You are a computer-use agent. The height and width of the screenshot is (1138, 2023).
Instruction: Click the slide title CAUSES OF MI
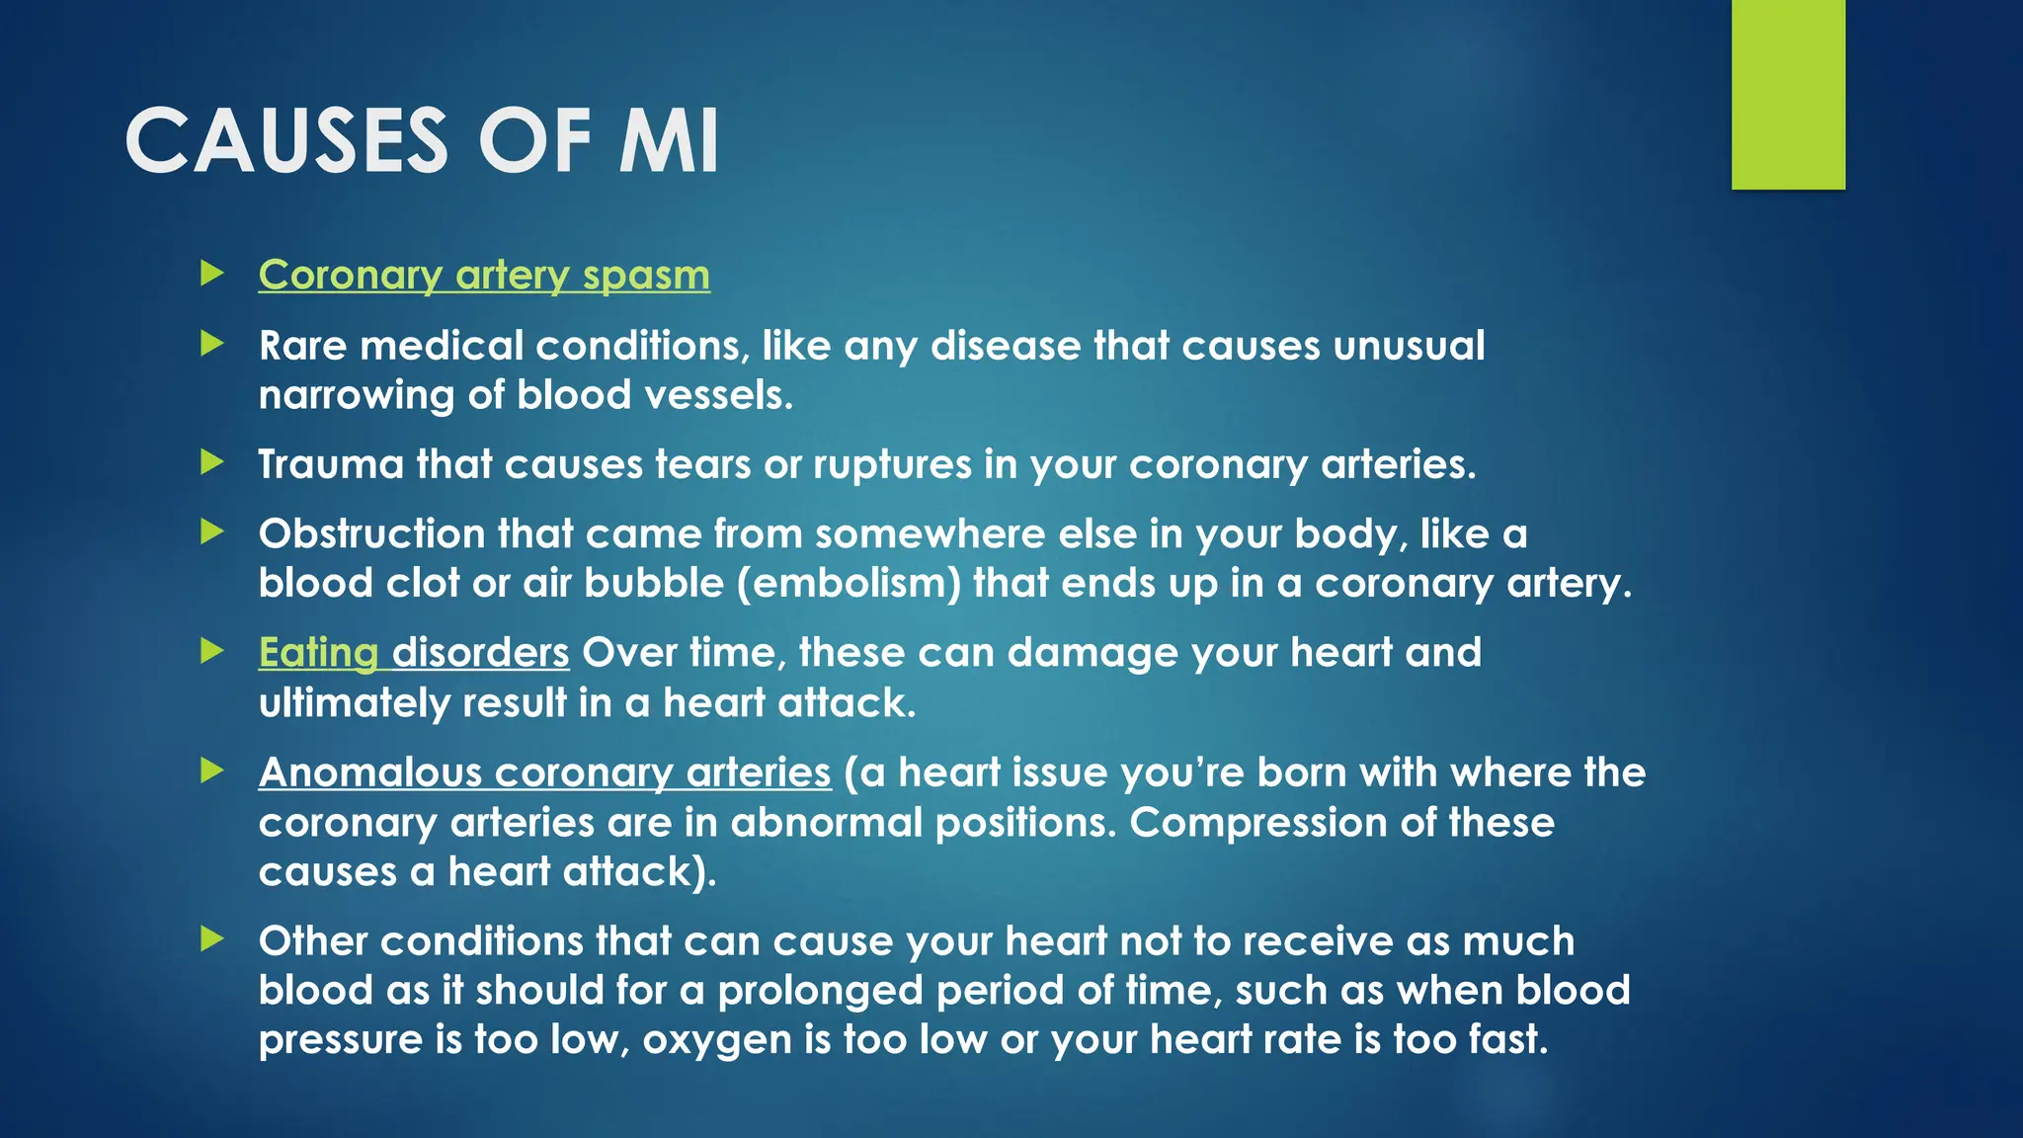pyautogui.click(x=422, y=141)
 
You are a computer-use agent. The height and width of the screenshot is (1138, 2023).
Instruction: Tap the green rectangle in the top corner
pyautogui.click(x=1788, y=95)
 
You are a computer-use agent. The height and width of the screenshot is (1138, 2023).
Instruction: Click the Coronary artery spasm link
pyautogui.click(x=484, y=275)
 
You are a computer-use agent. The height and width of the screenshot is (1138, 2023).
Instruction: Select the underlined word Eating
pyautogui.click(x=318, y=653)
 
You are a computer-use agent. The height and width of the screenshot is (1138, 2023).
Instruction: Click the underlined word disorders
pyautogui.click(x=481, y=653)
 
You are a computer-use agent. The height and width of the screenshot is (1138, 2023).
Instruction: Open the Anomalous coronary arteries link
pyautogui.click(x=544, y=772)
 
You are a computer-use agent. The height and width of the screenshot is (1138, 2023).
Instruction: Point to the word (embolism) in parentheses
pyautogui.click(x=850, y=584)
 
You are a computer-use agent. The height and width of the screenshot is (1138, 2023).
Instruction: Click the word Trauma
pyautogui.click(x=331, y=464)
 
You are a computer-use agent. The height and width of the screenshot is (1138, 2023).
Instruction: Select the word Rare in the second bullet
pyautogui.click(x=303, y=346)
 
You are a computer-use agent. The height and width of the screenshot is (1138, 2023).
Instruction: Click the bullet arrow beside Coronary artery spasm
pyautogui.click(x=212, y=274)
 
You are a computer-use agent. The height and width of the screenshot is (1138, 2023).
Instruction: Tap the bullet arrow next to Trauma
pyautogui.click(x=212, y=462)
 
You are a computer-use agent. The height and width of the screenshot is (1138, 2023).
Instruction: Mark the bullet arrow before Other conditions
pyautogui.click(x=212, y=938)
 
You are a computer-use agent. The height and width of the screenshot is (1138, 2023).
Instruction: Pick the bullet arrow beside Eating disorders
pyautogui.click(x=212, y=651)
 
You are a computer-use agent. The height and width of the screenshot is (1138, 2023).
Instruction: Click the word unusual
pyautogui.click(x=1410, y=346)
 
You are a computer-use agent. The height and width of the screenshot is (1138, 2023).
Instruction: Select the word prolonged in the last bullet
pyautogui.click(x=821, y=991)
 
